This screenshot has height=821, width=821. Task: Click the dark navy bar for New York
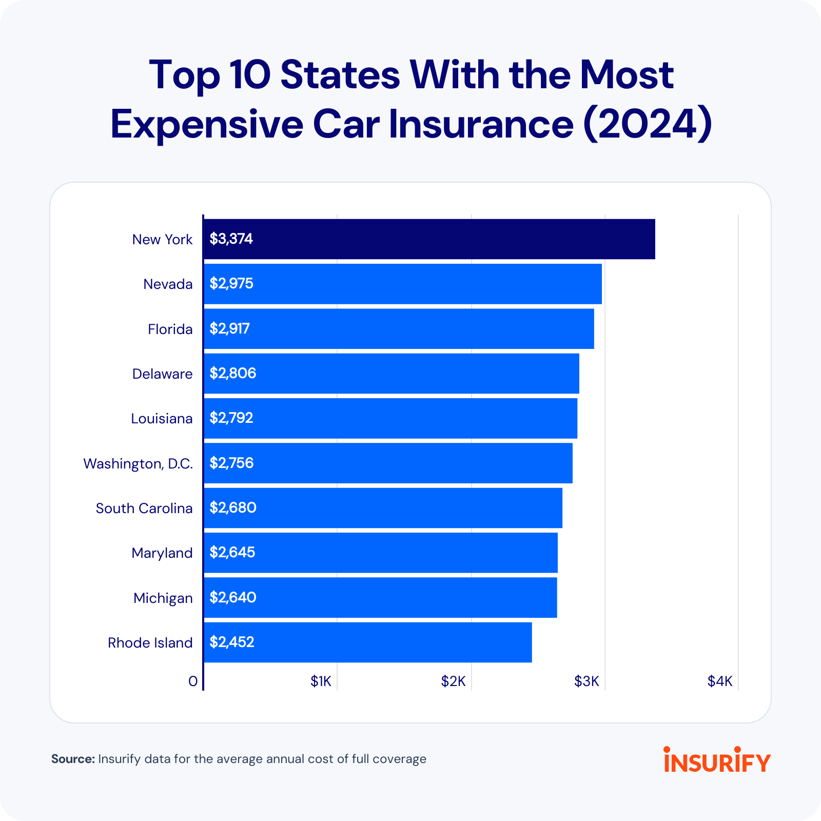pyautogui.click(x=429, y=239)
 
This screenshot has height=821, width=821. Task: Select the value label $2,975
pyautogui.click(x=231, y=284)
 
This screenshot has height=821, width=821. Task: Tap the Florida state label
pyautogui.click(x=170, y=329)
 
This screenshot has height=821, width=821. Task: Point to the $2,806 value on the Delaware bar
pyautogui.click(x=232, y=373)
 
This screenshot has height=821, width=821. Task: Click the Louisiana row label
pyautogui.click(x=162, y=419)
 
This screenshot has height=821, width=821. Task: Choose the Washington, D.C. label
pyautogui.click(x=138, y=463)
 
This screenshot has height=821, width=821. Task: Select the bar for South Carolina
pyautogui.click(x=383, y=508)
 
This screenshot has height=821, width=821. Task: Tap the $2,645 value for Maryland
pyautogui.click(x=232, y=553)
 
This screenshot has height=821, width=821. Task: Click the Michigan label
pyautogui.click(x=163, y=598)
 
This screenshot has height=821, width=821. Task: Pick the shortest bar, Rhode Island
pyautogui.click(x=367, y=642)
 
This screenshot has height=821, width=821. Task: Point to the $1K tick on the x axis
pyautogui.click(x=321, y=681)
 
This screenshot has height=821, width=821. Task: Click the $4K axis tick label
pyautogui.click(x=720, y=681)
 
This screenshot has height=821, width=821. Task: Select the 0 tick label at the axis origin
pyautogui.click(x=193, y=681)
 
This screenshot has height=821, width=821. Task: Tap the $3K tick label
pyautogui.click(x=587, y=681)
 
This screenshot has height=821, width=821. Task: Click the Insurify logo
pyautogui.click(x=717, y=760)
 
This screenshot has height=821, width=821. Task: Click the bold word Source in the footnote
pyautogui.click(x=73, y=759)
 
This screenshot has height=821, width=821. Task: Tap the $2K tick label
pyautogui.click(x=454, y=681)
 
